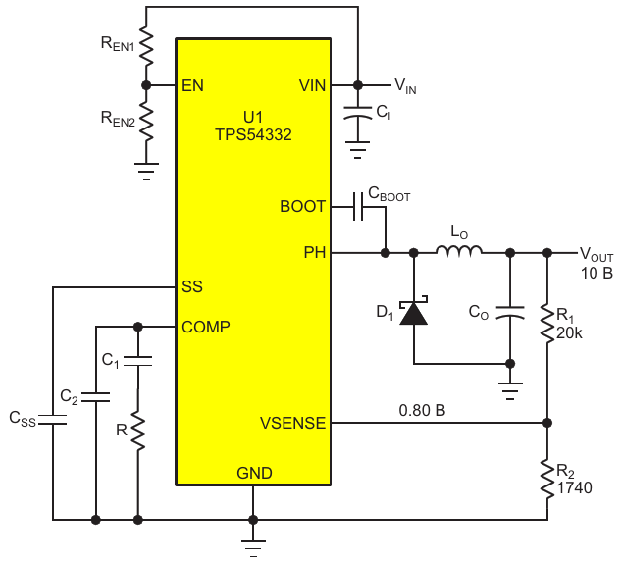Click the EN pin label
(192, 85)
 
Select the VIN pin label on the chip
(312, 85)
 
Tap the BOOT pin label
(302, 206)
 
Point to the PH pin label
(315, 252)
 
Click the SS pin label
(192, 287)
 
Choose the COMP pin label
(206, 327)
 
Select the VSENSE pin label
(293, 423)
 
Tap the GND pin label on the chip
(254, 473)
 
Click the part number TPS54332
(253, 134)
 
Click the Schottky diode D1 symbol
(414, 311)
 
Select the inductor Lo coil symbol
(459, 251)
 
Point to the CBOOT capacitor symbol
(358, 207)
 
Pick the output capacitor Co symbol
(510, 312)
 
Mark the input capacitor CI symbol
(357, 113)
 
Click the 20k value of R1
(569, 333)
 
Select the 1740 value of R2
(575, 487)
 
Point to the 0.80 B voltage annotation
(422, 410)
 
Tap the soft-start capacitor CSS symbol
(52, 420)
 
